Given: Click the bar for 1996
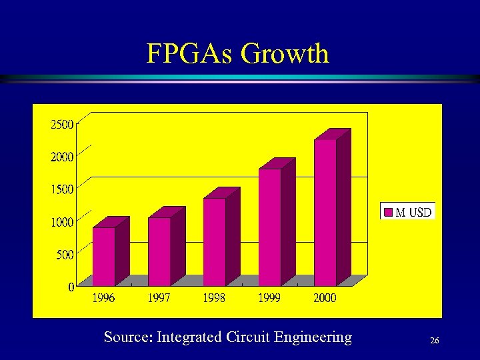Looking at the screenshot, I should click(x=104, y=256).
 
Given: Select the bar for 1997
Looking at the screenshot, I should click(x=159, y=251).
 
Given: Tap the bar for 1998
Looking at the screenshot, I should click(x=215, y=241).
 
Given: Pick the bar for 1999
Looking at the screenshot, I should click(x=270, y=227).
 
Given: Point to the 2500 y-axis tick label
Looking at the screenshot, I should click(x=61, y=124).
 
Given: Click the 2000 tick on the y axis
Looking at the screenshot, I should click(x=61, y=157).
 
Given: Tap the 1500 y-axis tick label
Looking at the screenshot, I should click(x=61, y=189).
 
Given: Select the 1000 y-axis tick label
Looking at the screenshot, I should click(x=61, y=222).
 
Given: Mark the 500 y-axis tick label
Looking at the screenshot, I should click(x=64, y=254).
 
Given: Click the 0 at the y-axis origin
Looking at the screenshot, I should click(x=71, y=287).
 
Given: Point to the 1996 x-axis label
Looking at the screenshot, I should click(x=103, y=298).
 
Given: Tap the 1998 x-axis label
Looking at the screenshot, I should click(x=214, y=298).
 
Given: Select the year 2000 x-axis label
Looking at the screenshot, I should click(x=325, y=298).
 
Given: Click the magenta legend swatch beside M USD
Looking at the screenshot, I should click(x=388, y=213).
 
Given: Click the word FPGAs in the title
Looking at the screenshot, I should click(x=190, y=53).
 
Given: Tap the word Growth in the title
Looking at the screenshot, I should click(x=285, y=53).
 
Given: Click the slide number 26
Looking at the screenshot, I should click(x=434, y=341).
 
